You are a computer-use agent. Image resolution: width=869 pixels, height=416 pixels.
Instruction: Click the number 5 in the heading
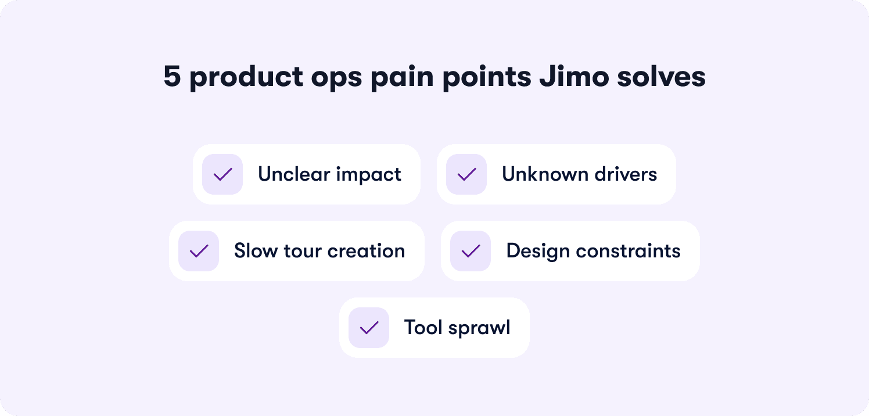pyautogui.click(x=172, y=77)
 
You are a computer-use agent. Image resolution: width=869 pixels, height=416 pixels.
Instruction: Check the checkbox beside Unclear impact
pyautogui.click(x=222, y=174)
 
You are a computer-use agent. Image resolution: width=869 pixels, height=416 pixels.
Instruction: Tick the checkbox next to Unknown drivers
pyautogui.click(x=466, y=174)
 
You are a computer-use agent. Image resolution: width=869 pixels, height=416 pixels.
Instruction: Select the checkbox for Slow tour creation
pyautogui.click(x=199, y=251)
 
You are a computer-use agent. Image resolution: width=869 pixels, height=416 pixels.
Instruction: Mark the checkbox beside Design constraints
pyautogui.click(x=471, y=251)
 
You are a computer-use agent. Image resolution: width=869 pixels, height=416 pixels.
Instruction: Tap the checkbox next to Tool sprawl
pyautogui.click(x=369, y=328)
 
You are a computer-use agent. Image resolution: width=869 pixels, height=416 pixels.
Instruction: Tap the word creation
pyautogui.click(x=366, y=251)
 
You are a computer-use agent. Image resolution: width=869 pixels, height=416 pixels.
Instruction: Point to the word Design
pyautogui.click(x=538, y=252)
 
